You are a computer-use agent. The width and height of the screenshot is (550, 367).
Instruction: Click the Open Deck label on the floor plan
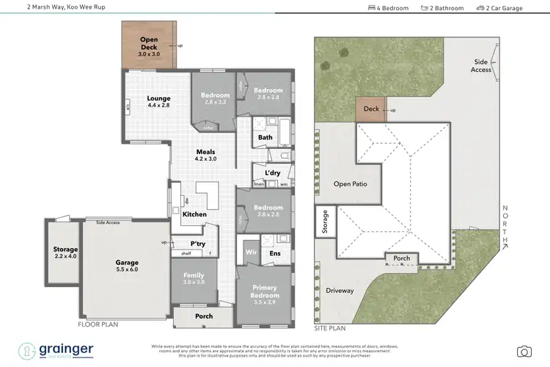149,43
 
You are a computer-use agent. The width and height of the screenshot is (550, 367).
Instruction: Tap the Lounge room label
158,98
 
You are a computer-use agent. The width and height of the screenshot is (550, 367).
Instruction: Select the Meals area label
205,153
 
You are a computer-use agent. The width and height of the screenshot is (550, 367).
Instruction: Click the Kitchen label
194,214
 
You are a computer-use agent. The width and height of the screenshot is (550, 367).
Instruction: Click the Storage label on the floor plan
65,250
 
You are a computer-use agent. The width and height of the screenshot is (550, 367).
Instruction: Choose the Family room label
194,277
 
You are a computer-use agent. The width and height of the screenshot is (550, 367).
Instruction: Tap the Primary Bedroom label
264,291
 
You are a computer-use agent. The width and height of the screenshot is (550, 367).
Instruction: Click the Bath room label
265,137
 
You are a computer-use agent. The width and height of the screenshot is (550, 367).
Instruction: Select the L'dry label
272,172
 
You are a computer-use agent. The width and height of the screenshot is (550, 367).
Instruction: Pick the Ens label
275,253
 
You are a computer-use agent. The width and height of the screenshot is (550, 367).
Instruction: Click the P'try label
197,243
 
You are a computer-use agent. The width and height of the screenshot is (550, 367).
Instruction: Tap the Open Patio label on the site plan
350,184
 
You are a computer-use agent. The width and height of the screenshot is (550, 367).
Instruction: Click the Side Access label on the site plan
481,66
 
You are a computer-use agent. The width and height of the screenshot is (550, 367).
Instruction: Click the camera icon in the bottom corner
524,351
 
